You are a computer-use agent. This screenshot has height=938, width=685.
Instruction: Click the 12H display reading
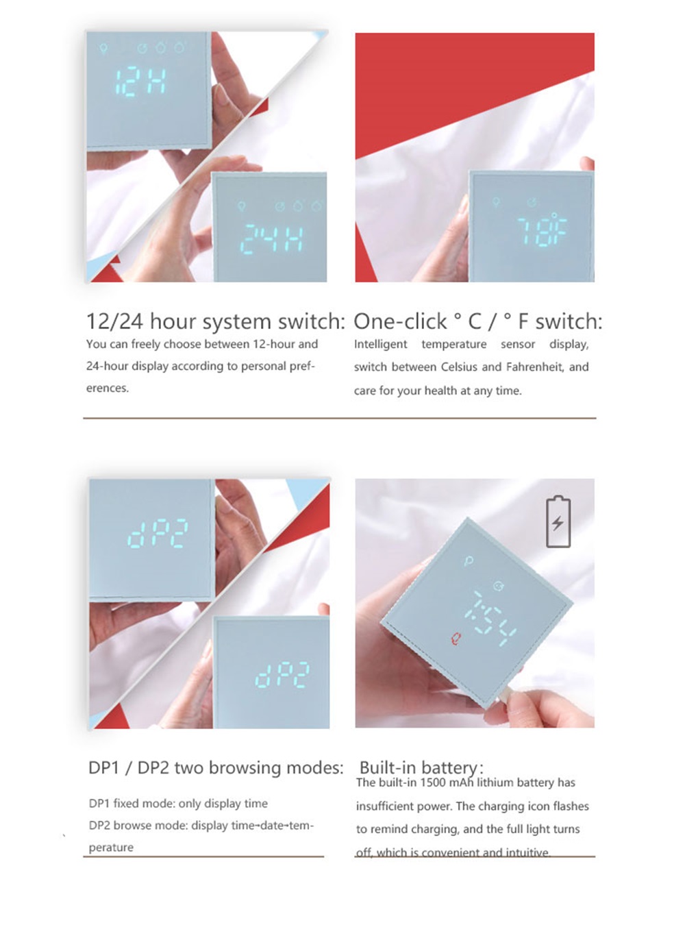point(140,82)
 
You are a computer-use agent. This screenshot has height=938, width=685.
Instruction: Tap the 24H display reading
point(271,238)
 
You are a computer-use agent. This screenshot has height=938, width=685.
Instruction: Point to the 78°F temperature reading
point(542,230)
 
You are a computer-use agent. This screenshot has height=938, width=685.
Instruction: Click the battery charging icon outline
point(558,522)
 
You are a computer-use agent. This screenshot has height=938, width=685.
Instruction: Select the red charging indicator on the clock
point(456,639)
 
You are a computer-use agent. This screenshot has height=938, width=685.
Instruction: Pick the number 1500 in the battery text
point(432,782)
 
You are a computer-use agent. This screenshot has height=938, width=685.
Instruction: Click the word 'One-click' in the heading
point(400,321)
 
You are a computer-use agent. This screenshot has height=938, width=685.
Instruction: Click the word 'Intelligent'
point(380,344)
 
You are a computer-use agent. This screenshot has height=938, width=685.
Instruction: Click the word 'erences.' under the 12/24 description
point(107,388)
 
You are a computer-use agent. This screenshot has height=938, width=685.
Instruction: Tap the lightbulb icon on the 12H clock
point(103,49)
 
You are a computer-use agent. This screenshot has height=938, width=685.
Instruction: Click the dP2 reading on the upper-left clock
point(158,533)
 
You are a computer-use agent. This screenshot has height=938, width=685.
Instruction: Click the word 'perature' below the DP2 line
point(111,848)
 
